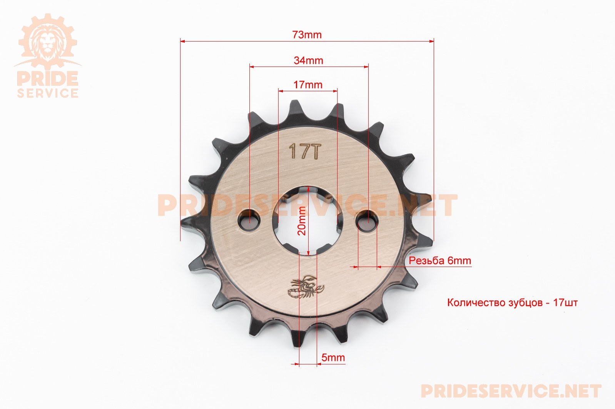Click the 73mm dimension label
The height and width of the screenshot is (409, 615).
click(x=307, y=35)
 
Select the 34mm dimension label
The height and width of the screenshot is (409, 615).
click(x=308, y=60)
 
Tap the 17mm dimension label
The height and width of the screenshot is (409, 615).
click(x=308, y=85)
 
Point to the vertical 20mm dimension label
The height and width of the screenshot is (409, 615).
click(x=301, y=221)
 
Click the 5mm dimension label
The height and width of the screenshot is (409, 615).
click(x=333, y=357)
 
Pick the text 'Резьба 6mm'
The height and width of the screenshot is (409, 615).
click(x=440, y=260)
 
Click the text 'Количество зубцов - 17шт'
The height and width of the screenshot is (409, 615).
click(x=512, y=302)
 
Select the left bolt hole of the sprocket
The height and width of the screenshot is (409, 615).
click(x=249, y=220)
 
